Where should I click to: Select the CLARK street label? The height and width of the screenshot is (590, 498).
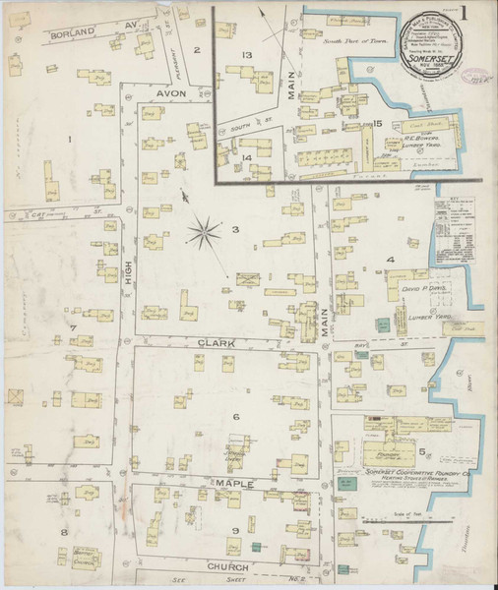[x=218, y=342]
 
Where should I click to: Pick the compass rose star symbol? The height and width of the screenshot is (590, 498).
[x=205, y=233]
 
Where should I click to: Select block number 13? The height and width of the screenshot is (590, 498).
[x=248, y=54]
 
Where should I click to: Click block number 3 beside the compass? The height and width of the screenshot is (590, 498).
[x=234, y=230]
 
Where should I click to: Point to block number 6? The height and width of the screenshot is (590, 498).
[x=236, y=417]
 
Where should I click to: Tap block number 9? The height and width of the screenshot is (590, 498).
[x=236, y=532]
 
